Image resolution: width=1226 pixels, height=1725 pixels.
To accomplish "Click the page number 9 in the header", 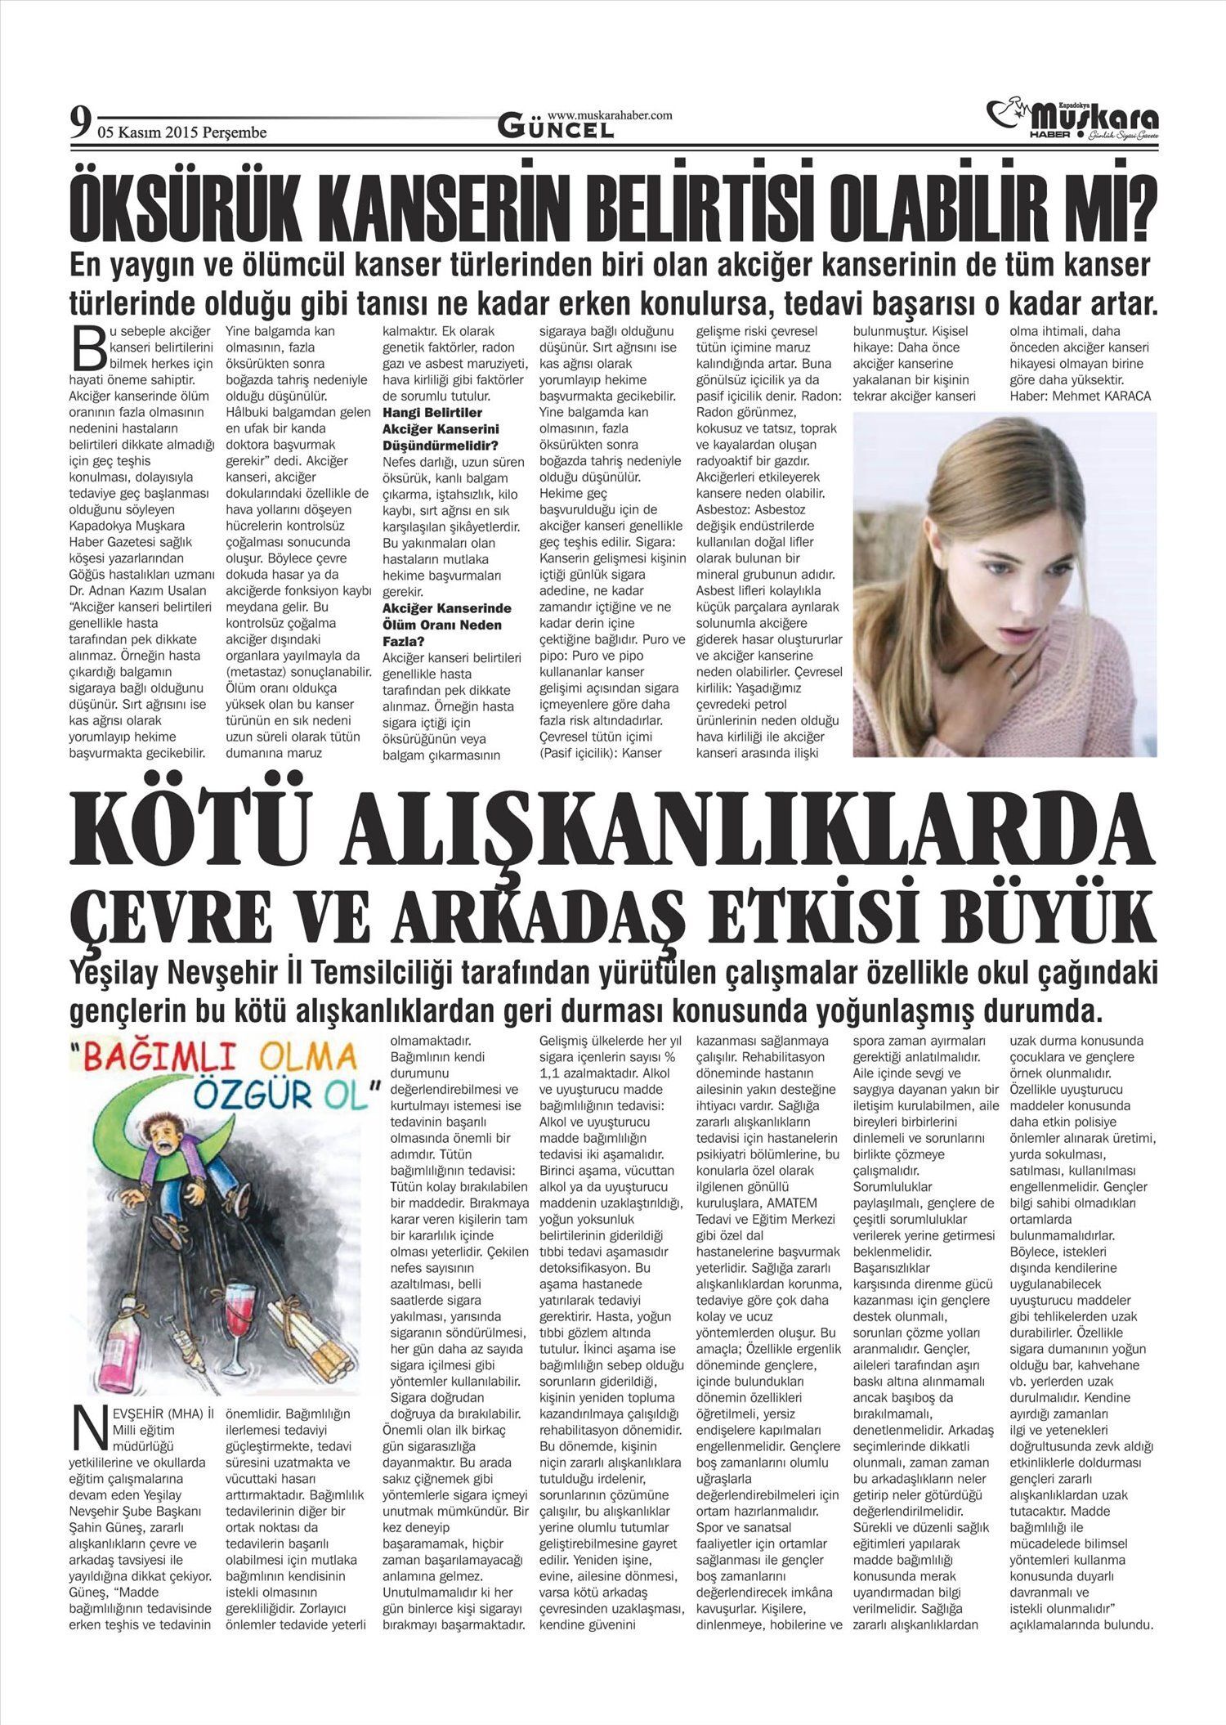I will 79,123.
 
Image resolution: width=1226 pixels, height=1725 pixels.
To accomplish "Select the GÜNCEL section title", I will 556,128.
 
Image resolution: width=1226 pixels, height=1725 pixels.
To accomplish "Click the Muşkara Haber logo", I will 1073,119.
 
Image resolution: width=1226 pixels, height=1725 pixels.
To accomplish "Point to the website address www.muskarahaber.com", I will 609,115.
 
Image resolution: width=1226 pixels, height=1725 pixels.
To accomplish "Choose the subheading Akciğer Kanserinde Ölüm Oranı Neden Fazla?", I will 447,625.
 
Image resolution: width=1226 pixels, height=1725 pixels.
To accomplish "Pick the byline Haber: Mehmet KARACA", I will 1080,396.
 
